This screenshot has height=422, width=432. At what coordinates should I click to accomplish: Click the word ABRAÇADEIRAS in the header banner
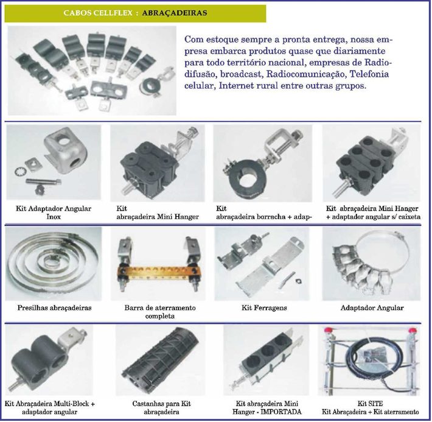tap(175, 13)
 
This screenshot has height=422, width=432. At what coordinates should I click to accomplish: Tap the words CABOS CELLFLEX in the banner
tap(98, 13)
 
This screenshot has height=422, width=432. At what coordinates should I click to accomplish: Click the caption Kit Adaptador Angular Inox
tap(54, 213)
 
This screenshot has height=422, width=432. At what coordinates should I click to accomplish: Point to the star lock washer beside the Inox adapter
tap(19, 171)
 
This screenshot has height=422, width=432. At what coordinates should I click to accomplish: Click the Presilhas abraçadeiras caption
tap(54, 308)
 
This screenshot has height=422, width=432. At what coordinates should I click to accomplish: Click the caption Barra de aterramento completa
tap(160, 312)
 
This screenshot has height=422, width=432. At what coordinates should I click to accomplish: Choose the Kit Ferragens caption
tap(264, 308)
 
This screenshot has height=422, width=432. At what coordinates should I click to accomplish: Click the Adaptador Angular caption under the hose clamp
tap(372, 308)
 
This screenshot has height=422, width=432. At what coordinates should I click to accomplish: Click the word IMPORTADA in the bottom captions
tap(280, 412)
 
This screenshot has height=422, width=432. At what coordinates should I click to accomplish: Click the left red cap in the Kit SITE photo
tap(328, 329)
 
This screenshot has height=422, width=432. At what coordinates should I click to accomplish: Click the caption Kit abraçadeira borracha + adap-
tap(264, 213)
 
